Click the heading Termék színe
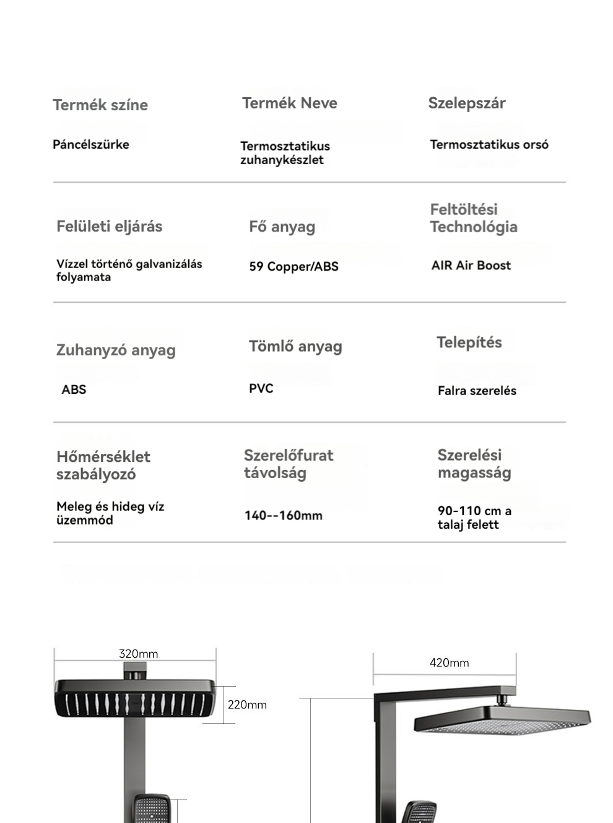point(100,105)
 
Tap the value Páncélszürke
point(91,144)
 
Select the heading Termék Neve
point(290,103)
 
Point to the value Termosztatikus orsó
point(489,144)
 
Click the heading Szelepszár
point(467,103)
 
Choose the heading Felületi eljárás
point(110,226)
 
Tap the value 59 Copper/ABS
point(294,266)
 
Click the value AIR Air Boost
point(471,265)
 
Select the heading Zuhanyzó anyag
point(116,350)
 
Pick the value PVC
point(261,388)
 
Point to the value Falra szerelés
point(477,390)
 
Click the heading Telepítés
point(469,342)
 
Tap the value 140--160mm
point(284,515)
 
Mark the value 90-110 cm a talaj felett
point(474,518)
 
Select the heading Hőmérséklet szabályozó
point(103,465)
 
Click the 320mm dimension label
point(138,654)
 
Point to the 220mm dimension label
point(247,705)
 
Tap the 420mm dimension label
point(450,663)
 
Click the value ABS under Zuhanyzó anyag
point(74,390)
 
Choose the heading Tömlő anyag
point(295,346)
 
